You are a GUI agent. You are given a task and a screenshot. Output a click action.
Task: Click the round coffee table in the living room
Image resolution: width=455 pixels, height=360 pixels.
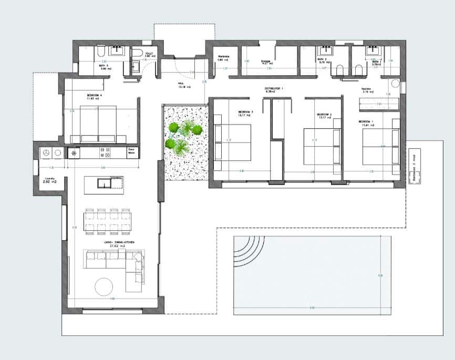click(x=103, y=286)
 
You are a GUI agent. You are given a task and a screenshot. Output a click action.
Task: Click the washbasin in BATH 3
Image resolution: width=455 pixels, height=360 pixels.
click(x=117, y=51)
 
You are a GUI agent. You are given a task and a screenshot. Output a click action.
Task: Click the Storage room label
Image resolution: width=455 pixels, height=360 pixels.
click(x=266, y=61)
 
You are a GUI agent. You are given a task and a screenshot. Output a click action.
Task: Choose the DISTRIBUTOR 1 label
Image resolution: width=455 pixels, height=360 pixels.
click(x=274, y=89)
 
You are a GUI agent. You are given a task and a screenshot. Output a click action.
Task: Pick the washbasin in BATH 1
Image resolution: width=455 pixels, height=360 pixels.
click(x=374, y=50)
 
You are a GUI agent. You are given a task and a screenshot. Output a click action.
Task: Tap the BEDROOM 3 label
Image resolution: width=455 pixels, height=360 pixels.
click(x=245, y=112)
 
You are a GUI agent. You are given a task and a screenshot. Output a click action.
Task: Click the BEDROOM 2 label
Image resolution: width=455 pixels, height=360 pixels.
click(x=323, y=115)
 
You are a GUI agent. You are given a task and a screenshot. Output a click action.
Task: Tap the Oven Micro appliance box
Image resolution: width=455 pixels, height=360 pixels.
click(x=132, y=152)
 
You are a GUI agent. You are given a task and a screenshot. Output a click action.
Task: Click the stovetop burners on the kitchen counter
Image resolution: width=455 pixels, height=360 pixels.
click(x=105, y=152)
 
